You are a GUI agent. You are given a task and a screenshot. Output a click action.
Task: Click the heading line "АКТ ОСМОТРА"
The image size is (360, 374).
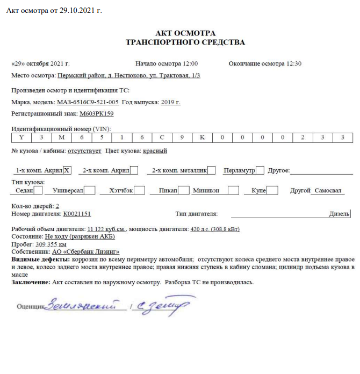tap(185, 32)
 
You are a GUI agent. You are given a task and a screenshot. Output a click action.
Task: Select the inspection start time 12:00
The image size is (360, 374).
tap(190, 63)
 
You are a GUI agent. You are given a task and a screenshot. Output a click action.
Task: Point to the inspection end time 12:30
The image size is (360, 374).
tap(294, 63)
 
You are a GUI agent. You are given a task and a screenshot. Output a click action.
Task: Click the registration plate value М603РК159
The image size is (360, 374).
tap(97, 114)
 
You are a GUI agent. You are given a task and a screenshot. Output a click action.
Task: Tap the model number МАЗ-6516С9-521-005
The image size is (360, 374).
tap(88, 102)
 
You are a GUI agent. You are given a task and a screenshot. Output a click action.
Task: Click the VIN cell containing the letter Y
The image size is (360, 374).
tap(21, 138)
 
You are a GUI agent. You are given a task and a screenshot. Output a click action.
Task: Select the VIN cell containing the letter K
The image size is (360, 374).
tap(202, 138)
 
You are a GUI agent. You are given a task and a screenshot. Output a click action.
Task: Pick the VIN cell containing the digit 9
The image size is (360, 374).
tap(182, 138)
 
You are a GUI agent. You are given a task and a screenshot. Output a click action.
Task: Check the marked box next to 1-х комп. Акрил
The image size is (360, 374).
tap(67, 170)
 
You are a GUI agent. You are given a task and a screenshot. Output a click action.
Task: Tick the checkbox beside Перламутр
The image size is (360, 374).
tap(260, 170)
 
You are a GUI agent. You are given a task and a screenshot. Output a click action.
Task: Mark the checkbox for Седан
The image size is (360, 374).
tap(38, 190)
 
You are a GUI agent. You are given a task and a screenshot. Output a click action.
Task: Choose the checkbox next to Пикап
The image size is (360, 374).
tap(183, 190)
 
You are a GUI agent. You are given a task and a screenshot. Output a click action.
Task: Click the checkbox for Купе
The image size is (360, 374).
tap(272, 190)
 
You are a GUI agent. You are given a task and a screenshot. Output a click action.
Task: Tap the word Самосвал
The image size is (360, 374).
tap(329, 191)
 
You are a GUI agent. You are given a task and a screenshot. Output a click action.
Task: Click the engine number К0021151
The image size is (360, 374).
tap(77, 213)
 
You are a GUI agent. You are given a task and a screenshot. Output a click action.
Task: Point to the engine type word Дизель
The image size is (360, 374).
tap(339, 213)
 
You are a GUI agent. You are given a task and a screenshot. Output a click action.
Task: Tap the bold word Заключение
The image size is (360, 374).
tap(30, 282)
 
